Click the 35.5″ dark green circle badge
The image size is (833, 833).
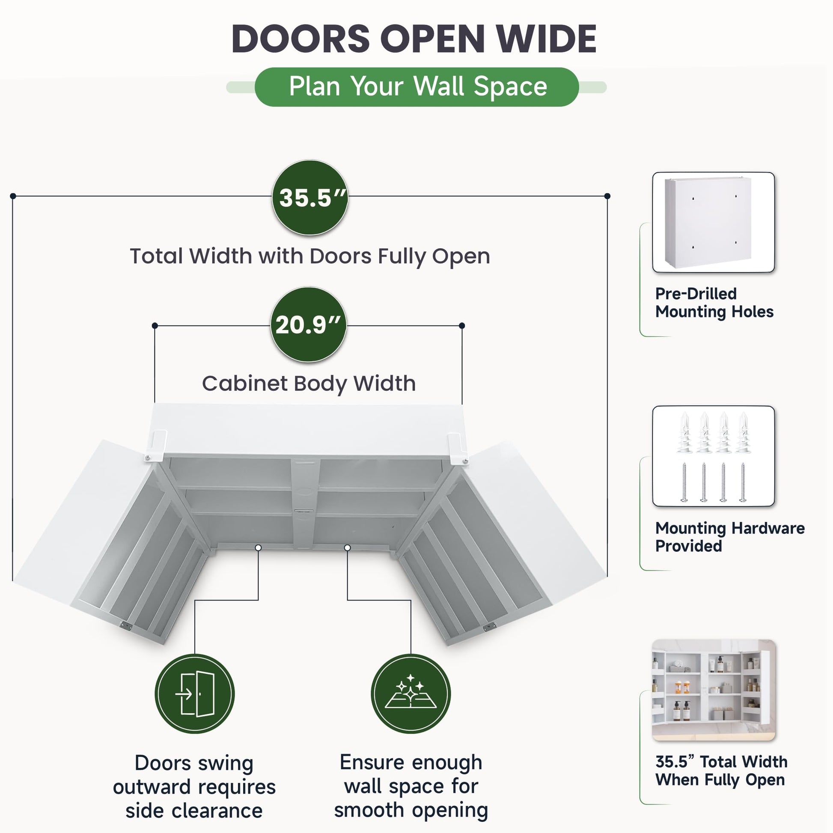(310, 197)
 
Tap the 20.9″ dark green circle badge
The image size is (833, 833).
(308, 324)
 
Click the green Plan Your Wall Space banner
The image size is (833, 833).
(416, 86)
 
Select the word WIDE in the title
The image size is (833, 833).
(546, 39)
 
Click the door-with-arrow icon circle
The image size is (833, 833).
(195, 694)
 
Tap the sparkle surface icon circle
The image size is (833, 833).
(411, 694)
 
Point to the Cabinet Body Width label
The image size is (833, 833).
(309, 384)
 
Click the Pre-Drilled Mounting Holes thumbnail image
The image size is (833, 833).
(714, 222)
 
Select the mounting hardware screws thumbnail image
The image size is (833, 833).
(714, 456)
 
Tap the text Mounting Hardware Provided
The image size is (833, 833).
(730, 537)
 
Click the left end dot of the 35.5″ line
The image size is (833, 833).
(13, 196)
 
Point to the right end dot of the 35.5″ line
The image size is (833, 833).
(607, 196)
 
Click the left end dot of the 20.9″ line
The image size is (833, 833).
(155, 325)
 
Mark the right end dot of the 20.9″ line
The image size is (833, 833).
(462, 325)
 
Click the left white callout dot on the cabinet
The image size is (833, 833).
(258, 547)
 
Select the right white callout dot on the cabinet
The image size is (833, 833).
(348, 547)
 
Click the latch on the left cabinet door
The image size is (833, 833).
(125, 626)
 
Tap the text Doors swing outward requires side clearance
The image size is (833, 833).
(194, 787)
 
